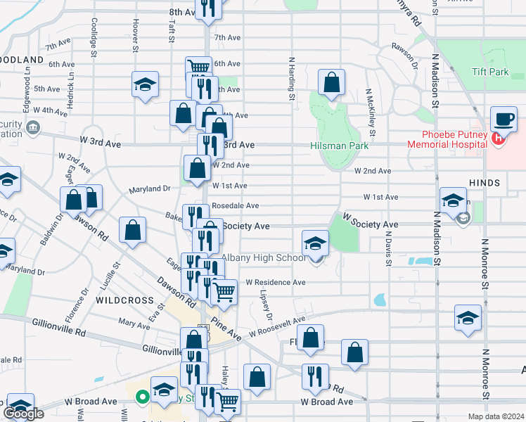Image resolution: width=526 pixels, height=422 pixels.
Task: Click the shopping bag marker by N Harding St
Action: [x=331, y=82]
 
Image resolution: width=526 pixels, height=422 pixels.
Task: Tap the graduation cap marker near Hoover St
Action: [x=145, y=86]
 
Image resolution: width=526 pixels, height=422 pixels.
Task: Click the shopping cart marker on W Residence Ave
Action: [x=224, y=290]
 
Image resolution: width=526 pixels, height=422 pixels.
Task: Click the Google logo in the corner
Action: [x=23, y=414]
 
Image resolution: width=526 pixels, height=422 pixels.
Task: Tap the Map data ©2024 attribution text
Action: [x=496, y=416]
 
